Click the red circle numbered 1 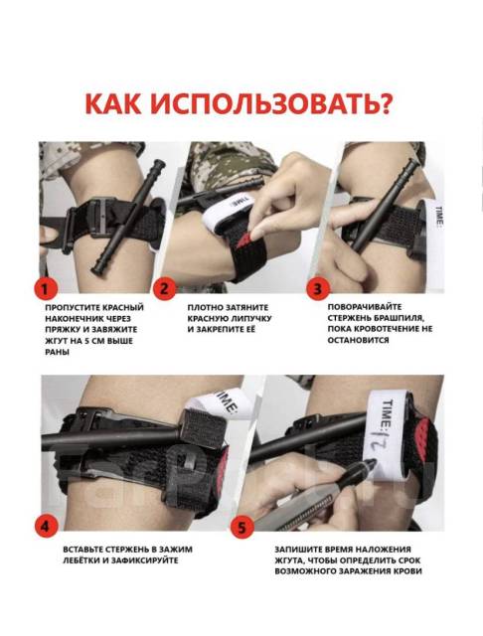click(45, 289)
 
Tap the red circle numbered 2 click(164, 289)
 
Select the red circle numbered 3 click(318, 289)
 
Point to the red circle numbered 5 click(242, 527)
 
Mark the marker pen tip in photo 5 click(370, 463)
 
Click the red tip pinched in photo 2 click(245, 239)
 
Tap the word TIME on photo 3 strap click(439, 217)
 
